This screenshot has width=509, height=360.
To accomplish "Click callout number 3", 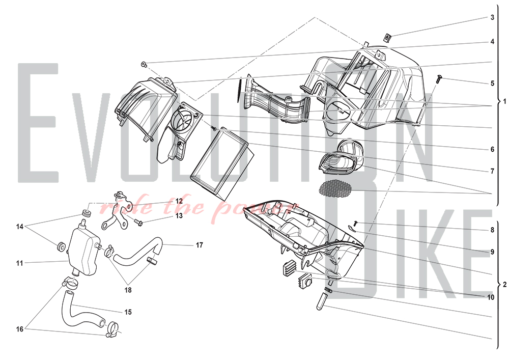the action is pyautogui.click(x=492, y=17).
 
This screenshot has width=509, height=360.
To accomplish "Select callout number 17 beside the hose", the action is pyautogui.click(x=200, y=245).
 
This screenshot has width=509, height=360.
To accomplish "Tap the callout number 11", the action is pyautogui.click(x=20, y=263).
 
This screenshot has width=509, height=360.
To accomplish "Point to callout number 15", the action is pyautogui.click(x=128, y=312).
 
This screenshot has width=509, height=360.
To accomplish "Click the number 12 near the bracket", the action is pyautogui.click(x=179, y=201).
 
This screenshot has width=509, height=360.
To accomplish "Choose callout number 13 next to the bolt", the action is pyautogui.click(x=179, y=215).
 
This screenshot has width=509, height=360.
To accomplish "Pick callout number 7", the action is pyautogui.click(x=492, y=171).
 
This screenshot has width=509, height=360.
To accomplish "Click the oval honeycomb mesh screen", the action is pyautogui.click(x=335, y=189).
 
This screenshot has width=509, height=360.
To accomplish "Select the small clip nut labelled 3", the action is pyautogui.click(x=387, y=38).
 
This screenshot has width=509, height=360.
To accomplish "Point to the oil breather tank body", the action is pyautogui.click(x=83, y=251).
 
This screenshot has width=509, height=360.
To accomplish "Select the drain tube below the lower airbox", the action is pyautogui.click(x=322, y=301).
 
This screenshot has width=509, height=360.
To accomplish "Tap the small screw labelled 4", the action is pyautogui.click(x=144, y=64).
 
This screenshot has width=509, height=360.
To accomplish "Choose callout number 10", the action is pyautogui.click(x=491, y=297).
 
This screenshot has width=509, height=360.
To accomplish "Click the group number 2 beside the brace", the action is pyautogui.click(x=504, y=285).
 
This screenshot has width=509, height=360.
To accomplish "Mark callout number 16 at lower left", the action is pyautogui.click(x=20, y=329).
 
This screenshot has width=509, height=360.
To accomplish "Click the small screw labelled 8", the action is pyautogui.click(x=355, y=224).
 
